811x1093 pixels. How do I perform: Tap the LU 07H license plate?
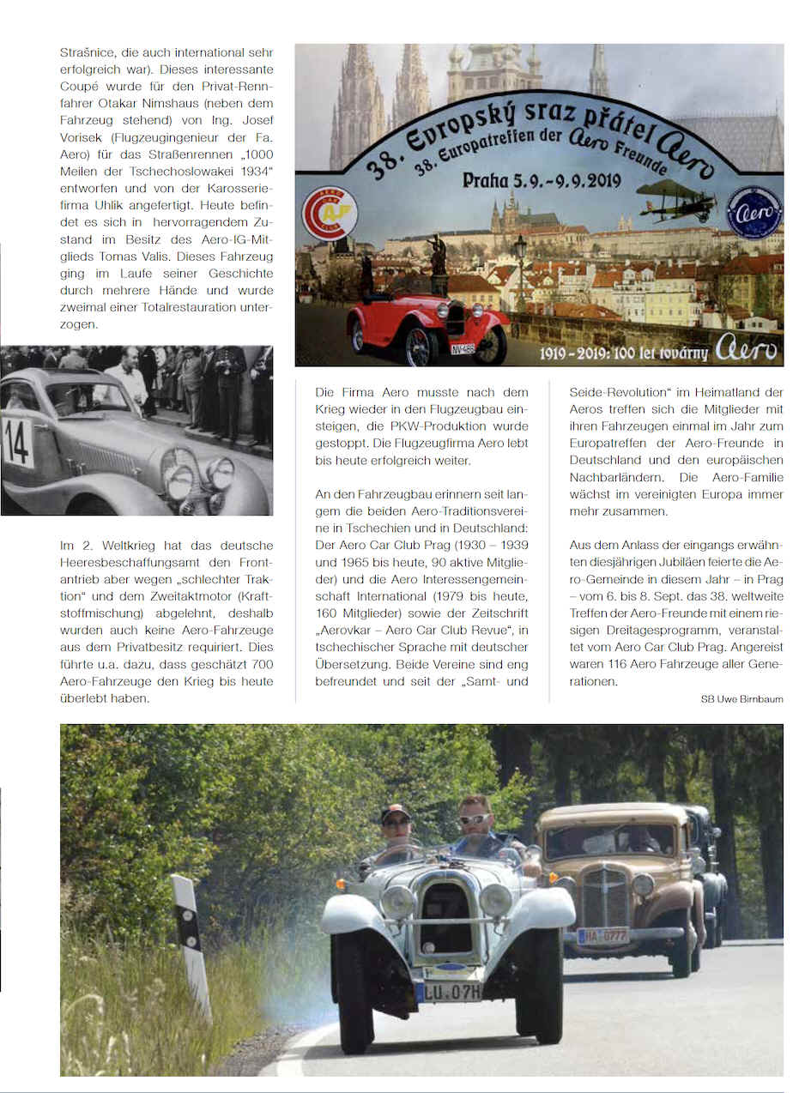click(x=449, y=992)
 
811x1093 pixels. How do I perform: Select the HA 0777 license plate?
click(x=602, y=935)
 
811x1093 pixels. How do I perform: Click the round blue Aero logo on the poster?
click(x=754, y=211)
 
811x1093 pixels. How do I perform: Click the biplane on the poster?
click(x=677, y=200)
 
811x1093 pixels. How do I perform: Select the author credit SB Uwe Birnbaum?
click(x=741, y=699)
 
